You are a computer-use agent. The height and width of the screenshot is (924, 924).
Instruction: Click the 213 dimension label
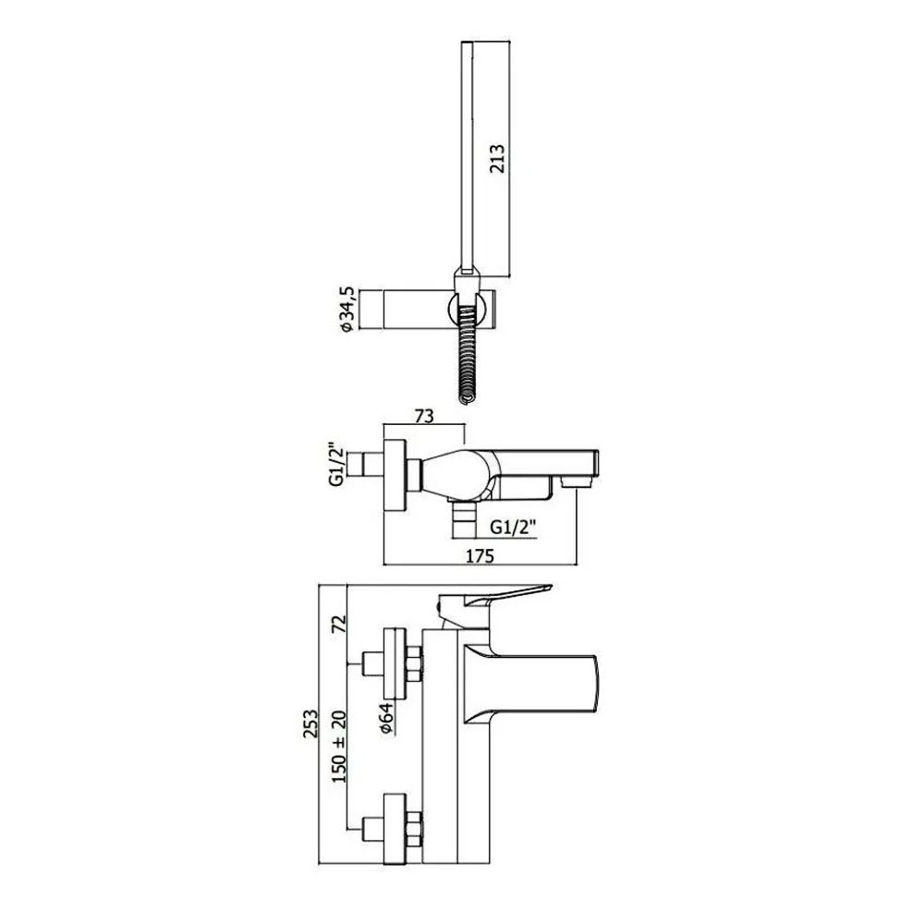coord(498,158)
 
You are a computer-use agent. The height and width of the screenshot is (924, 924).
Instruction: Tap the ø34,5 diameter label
coord(347,309)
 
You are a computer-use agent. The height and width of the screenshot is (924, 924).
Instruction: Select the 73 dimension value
coord(424,416)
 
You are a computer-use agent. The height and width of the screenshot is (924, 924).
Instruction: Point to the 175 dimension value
coord(480,555)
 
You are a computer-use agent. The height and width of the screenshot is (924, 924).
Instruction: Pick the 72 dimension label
coord(339,624)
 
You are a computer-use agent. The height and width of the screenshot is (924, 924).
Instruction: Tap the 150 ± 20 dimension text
coord(339,747)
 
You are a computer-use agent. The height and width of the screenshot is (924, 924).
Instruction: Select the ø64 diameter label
coord(386,718)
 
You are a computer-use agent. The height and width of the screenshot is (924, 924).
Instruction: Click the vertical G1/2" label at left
coord(336,465)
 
